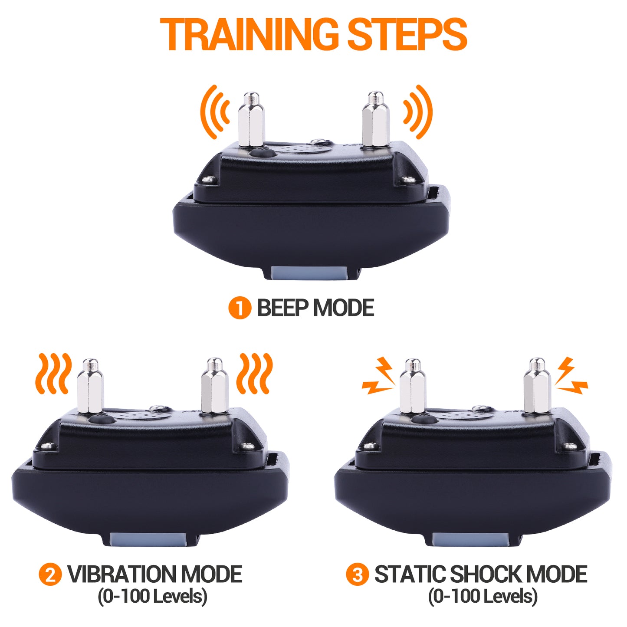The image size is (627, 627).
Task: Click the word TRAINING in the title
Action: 249,35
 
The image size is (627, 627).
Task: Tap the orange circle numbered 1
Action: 240,309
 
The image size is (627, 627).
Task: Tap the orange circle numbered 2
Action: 50,574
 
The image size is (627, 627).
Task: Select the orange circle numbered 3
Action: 358,574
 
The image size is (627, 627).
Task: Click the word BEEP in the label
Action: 283,309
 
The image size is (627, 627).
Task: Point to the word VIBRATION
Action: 122,574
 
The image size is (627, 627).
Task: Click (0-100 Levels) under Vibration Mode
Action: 152,596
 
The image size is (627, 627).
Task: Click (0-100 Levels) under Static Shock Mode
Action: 483,596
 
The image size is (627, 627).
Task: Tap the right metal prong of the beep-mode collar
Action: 375,119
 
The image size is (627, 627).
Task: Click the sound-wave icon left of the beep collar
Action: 215,112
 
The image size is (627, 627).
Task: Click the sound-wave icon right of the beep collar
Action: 417,112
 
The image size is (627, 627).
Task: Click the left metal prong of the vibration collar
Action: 90,386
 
